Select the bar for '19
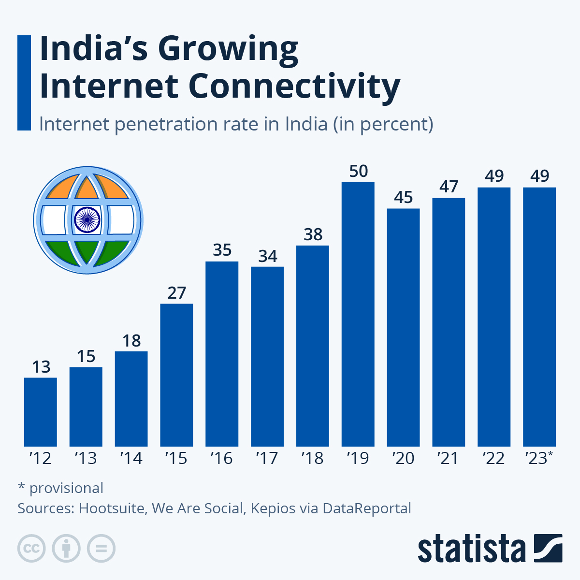(358, 314)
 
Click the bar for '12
(41, 412)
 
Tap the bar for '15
(176, 375)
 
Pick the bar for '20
(403, 327)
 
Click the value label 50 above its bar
(358, 172)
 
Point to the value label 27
(176, 293)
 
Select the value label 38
(313, 235)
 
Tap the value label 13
(41, 367)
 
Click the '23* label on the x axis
(539, 458)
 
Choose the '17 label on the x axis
(267, 458)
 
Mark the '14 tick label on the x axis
(131, 458)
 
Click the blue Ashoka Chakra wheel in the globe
(87, 219)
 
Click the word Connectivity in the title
(294, 86)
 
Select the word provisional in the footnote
(66, 488)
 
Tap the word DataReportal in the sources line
(367, 508)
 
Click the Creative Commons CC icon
(31, 549)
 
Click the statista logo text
(471, 549)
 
